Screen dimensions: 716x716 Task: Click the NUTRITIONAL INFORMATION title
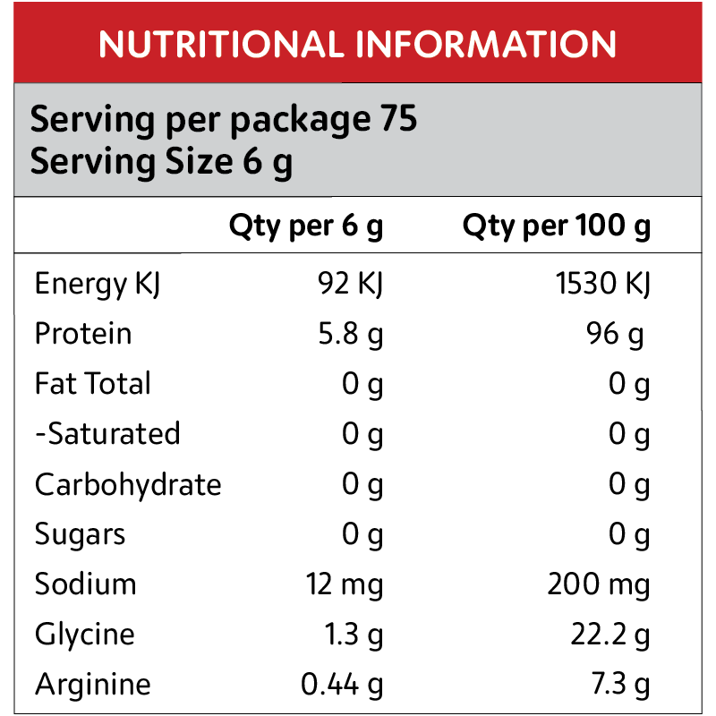[x=358, y=45]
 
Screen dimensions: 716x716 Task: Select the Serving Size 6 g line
[x=161, y=163]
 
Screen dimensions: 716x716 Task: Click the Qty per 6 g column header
[x=306, y=226]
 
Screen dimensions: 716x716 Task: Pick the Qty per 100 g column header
[x=556, y=226]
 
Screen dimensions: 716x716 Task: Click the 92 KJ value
[x=350, y=286]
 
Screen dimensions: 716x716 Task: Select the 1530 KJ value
[x=602, y=286]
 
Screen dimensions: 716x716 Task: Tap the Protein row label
[x=83, y=335]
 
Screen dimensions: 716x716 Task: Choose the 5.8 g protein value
[x=351, y=336]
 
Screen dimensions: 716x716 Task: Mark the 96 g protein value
[x=617, y=336]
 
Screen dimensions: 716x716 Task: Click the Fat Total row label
[x=93, y=385]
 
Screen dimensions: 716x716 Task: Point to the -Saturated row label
[x=107, y=434]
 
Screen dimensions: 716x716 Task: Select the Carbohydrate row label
[x=128, y=485]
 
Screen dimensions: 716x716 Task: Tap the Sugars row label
[x=81, y=534]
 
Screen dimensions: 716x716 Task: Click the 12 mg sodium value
[x=345, y=585]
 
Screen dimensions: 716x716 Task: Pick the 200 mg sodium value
[x=599, y=585]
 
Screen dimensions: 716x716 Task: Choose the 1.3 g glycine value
[x=354, y=635]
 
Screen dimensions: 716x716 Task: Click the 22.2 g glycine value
[x=610, y=635]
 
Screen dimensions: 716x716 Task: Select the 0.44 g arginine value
[x=343, y=686]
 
